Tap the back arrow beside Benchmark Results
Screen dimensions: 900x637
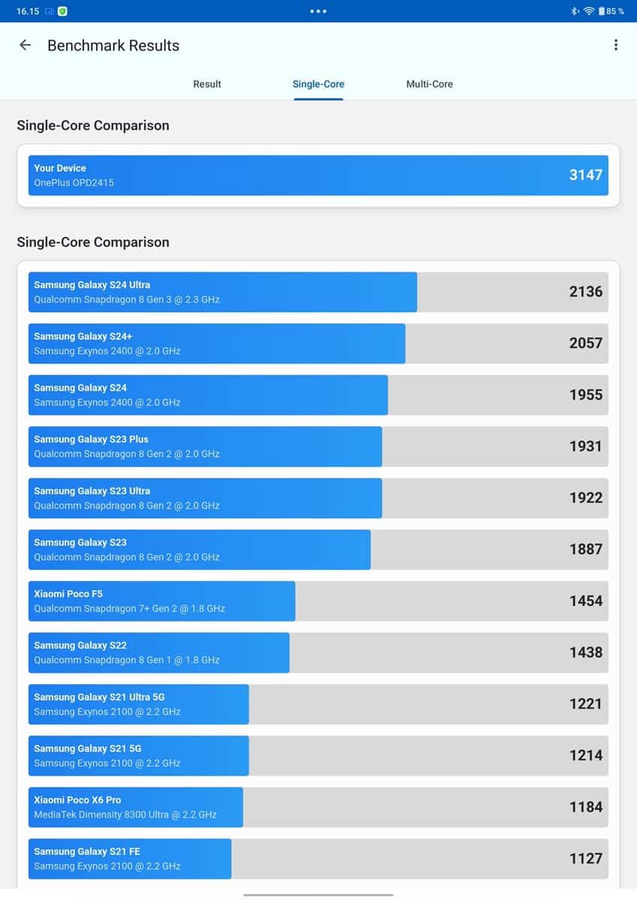(x=26, y=45)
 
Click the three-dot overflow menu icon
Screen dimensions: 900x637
(x=615, y=45)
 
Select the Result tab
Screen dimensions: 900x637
(x=207, y=84)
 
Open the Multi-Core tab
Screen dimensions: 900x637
(x=429, y=84)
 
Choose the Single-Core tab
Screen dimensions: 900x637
(x=318, y=84)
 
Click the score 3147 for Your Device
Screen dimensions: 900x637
(x=585, y=175)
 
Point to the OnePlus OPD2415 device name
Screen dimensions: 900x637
(x=74, y=182)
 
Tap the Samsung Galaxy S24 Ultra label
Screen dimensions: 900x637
(x=92, y=285)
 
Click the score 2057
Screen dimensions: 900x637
(x=585, y=343)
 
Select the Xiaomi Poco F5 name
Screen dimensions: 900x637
(x=68, y=594)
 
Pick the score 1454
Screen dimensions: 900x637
(x=585, y=601)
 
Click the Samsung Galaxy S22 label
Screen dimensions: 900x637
(x=80, y=645)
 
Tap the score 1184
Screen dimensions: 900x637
(x=585, y=807)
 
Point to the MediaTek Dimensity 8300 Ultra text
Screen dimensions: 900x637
(x=125, y=814)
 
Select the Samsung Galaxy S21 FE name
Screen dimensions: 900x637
(x=87, y=851)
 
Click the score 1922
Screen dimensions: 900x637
(x=585, y=497)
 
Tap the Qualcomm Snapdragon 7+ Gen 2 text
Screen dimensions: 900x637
(x=129, y=608)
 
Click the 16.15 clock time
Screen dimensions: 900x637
(x=27, y=11)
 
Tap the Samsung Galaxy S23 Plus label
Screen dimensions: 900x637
(x=91, y=439)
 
